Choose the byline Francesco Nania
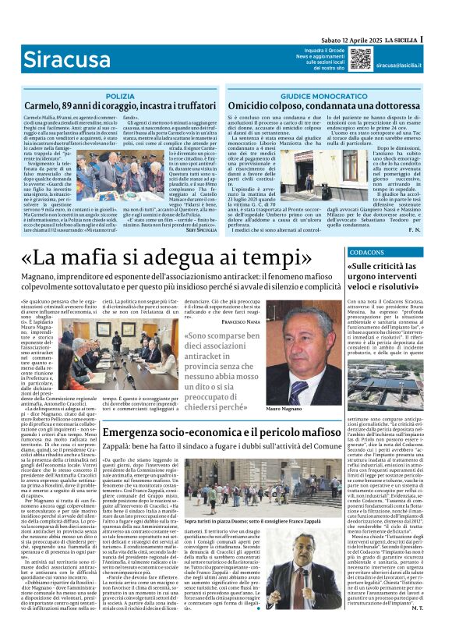click(x=242, y=321)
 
